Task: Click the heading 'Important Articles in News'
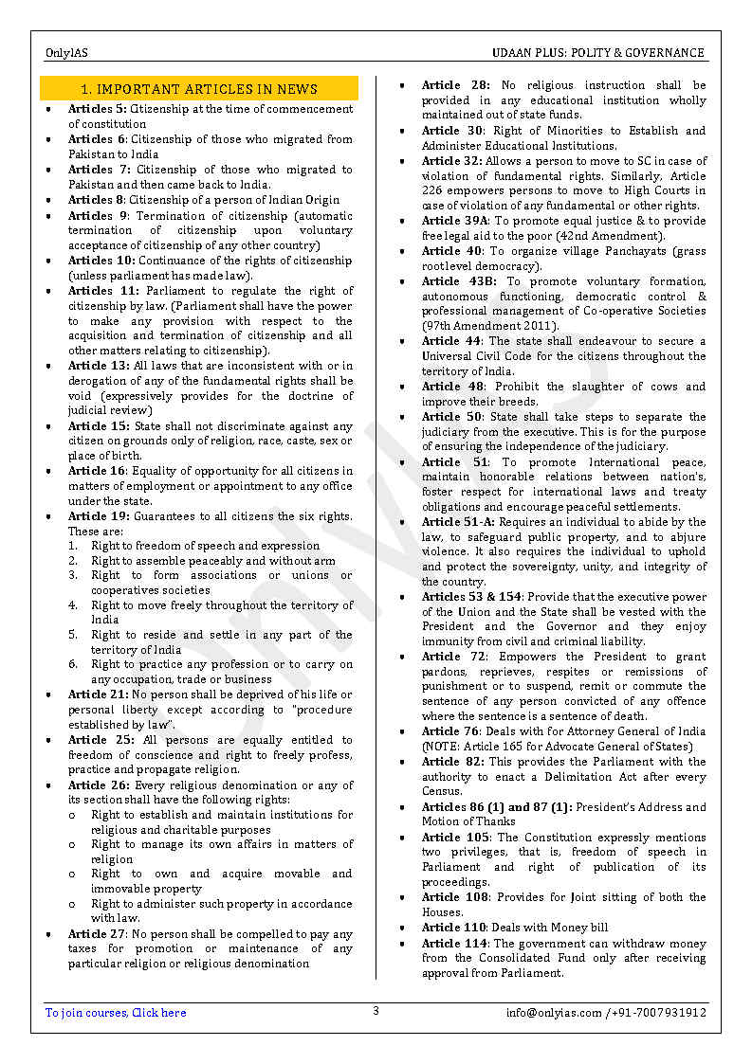coord(199,89)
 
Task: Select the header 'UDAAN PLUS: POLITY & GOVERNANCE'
coord(597,53)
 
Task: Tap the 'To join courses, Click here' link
coord(116,1013)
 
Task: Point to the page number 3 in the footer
coord(376,1011)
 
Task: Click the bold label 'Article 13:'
coord(99,366)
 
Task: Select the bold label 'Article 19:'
coord(99,515)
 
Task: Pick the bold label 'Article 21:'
coord(99,694)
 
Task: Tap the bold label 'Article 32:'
coord(452,161)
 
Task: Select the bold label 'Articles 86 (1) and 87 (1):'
coord(496,807)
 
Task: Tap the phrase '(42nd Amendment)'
coord(615,236)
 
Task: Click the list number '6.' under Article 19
coord(73,664)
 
